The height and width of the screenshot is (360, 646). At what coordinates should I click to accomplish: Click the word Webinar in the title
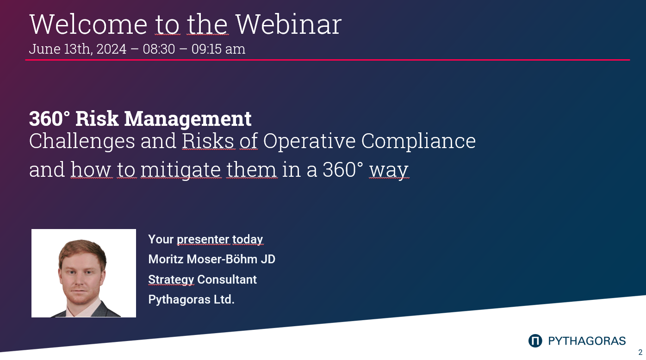[x=288, y=24]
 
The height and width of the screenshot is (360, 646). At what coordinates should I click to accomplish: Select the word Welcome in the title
[x=88, y=24]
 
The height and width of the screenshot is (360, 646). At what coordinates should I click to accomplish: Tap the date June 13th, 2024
[x=77, y=49]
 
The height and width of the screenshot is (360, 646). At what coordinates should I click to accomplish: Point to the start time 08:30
[x=159, y=49]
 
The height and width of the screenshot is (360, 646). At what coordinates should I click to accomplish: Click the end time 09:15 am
[x=218, y=49]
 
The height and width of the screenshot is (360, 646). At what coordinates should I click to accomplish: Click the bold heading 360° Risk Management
[x=140, y=119]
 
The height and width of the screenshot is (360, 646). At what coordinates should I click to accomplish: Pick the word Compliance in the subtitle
[x=418, y=141]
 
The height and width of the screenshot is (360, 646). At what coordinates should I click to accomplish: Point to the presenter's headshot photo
[x=84, y=273]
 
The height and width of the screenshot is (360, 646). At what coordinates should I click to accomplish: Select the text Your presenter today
[x=205, y=239]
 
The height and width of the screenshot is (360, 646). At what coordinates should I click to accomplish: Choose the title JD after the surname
[x=268, y=259]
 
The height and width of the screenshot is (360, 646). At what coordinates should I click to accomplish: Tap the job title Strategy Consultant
[x=202, y=279]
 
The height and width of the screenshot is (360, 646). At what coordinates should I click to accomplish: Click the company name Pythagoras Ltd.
[x=191, y=299]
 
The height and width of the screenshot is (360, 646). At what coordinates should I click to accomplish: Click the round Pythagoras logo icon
[x=535, y=341]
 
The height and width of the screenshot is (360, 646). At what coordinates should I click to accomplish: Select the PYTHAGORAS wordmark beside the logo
[x=587, y=341]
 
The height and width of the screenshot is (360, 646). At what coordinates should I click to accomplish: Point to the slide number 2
[x=640, y=352]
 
